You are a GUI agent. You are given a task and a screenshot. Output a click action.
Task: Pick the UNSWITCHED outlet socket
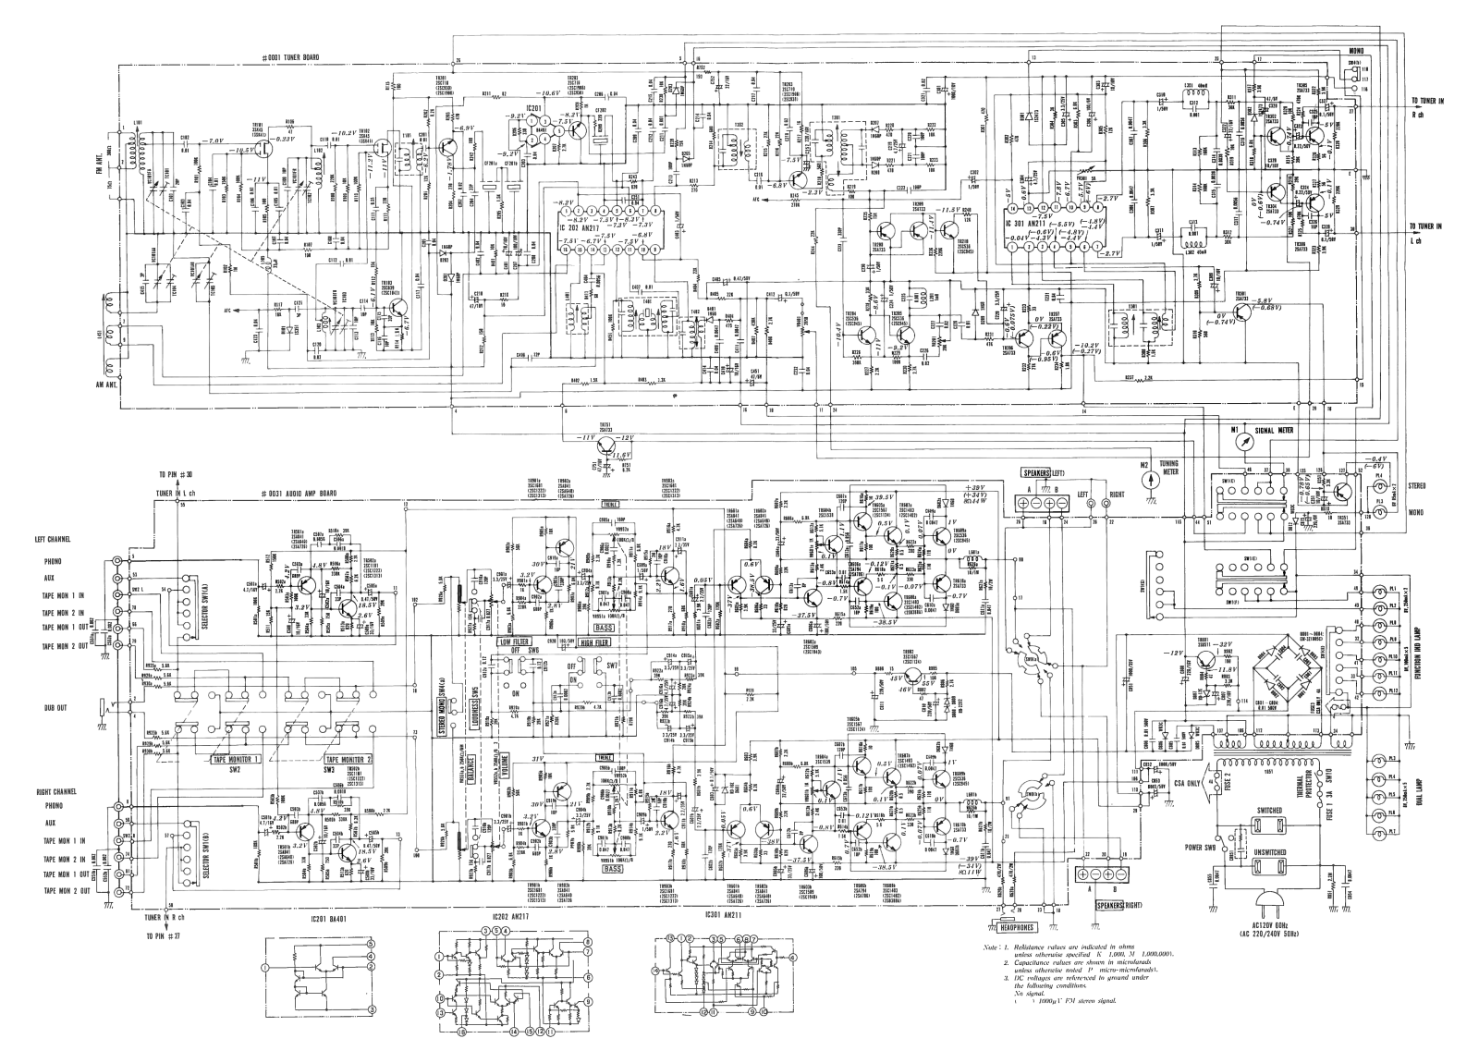tap(1266, 868)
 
